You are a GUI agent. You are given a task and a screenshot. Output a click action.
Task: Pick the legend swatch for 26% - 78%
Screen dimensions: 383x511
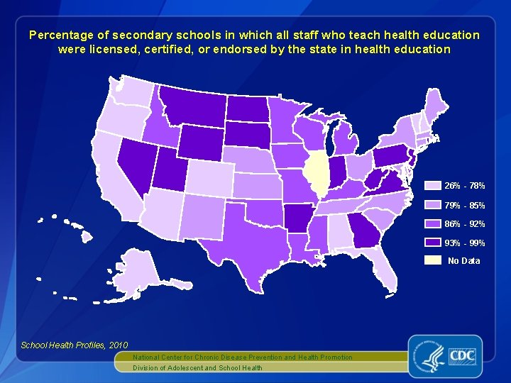point(432,186)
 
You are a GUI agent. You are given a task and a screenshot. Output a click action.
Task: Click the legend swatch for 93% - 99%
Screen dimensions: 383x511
point(432,243)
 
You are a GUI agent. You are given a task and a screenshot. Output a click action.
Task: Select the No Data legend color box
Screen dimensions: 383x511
point(432,260)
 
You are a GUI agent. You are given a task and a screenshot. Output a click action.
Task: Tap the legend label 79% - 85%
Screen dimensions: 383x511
point(465,206)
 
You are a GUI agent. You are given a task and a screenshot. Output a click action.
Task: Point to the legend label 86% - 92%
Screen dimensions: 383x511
point(465,224)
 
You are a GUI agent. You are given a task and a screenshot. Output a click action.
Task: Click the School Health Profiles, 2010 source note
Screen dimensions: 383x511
point(74,345)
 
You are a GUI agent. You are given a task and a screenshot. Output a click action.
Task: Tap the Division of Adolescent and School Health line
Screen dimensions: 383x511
point(197,367)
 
